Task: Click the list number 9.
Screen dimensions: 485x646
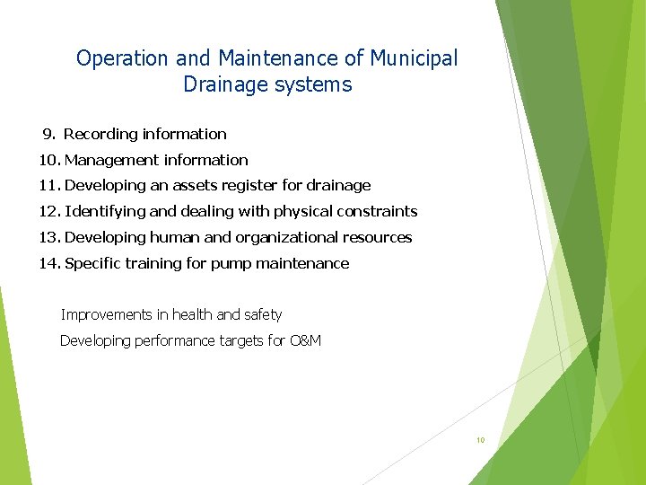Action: pyautogui.click(x=48, y=134)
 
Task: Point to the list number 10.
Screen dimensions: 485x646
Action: pyautogui.click(x=48, y=160)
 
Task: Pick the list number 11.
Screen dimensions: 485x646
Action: pyautogui.click(x=48, y=186)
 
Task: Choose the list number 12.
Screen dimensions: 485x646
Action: pyautogui.click(x=48, y=212)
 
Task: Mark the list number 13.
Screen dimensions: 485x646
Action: pyautogui.click(x=48, y=238)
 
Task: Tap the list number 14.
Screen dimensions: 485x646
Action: pyautogui.click(x=48, y=264)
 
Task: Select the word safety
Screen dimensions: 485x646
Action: pyautogui.click(x=262, y=315)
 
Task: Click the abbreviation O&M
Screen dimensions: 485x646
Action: pyautogui.click(x=306, y=341)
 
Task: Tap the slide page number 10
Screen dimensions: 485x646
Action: pyautogui.click(x=480, y=440)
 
